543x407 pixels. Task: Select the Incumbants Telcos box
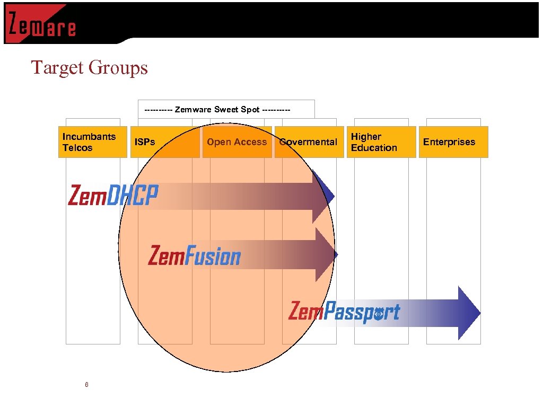(93, 142)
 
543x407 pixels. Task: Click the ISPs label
(145, 142)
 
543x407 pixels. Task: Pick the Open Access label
(237, 142)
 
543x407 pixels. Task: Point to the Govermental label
(309, 142)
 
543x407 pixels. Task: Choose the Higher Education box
(381, 142)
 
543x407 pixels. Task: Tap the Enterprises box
(453, 142)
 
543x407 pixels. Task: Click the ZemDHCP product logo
(113, 195)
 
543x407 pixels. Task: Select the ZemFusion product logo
(194, 256)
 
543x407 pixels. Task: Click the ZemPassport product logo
(344, 312)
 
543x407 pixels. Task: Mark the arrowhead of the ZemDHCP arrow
(323, 196)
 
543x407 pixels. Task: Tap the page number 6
(86, 384)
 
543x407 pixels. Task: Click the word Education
(374, 148)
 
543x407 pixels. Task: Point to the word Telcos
(77, 148)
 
